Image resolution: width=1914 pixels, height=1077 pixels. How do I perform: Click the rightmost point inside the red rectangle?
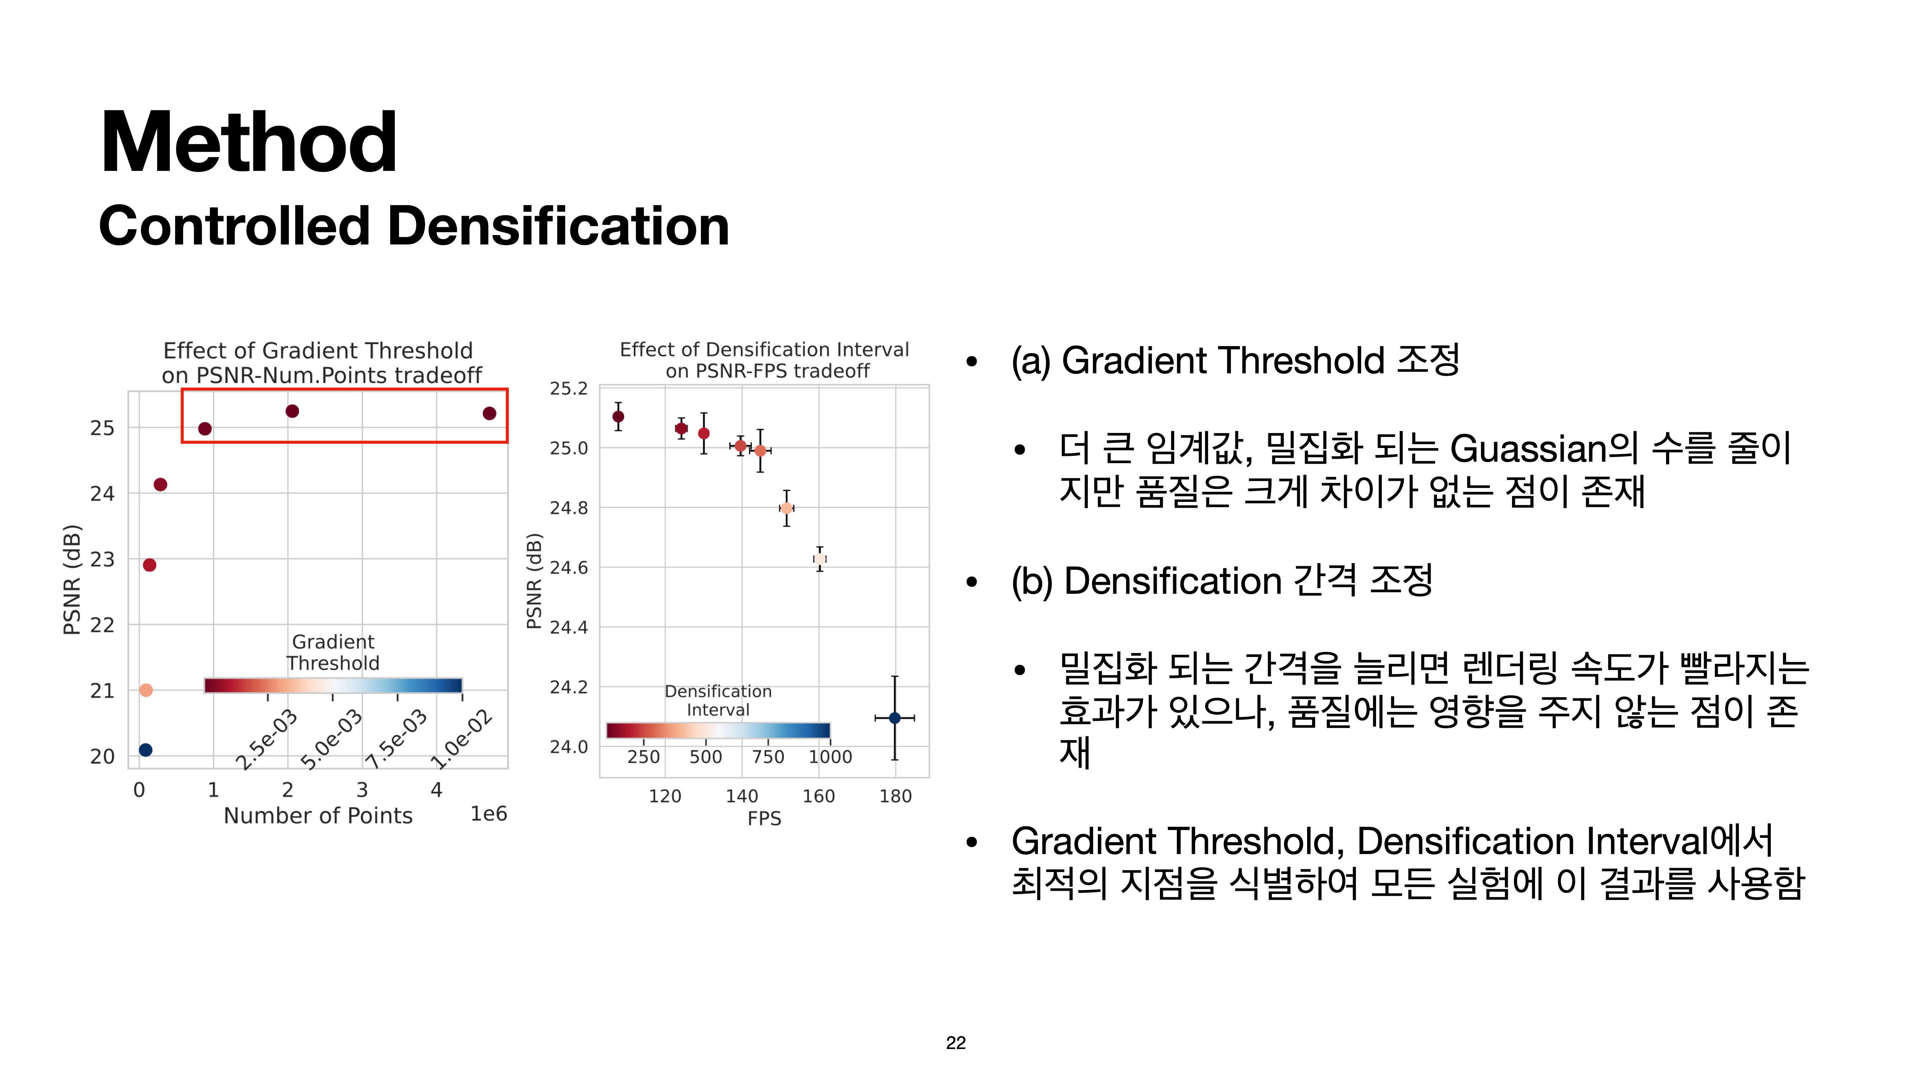(489, 413)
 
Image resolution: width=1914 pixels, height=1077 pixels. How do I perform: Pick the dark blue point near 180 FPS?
(895, 718)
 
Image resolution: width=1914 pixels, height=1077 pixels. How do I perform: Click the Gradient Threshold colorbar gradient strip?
(333, 685)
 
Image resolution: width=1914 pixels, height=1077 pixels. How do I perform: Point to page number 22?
(956, 1043)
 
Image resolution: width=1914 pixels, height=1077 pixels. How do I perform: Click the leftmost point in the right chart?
(618, 416)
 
